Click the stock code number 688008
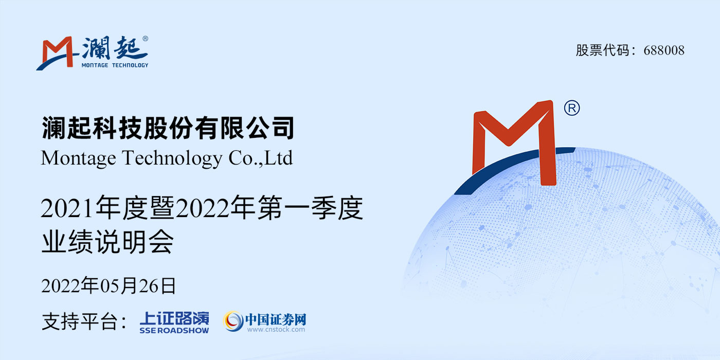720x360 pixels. pyautogui.click(x=664, y=50)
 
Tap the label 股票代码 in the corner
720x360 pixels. pyautogui.click(x=602, y=50)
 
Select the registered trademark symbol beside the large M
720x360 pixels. pyautogui.click(x=572, y=109)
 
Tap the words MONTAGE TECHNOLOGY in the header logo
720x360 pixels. pyautogui.click(x=115, y=65)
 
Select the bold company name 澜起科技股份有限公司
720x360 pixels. pyautogui.click(x=168, y=128)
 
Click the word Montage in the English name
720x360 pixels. pyautogui.click(x=78, y=158)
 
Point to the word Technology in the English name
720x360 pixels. pyautogui.click(x=172, y=158)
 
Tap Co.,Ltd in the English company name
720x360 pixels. pyautogui.click(x=260, y=158)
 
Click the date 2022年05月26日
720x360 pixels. pyautogui.click(x=109, y=286)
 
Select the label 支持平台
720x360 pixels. pyautogui.click(x=79, y=321)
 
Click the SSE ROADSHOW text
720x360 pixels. pyautogui.click(x=174, y=330)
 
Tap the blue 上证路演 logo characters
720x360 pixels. pyautogui.click(x=174, y=318)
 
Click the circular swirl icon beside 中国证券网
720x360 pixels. pyautogui.click(x=233, y=321)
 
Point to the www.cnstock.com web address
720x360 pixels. pyautogui.click(x=276, y=330)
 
